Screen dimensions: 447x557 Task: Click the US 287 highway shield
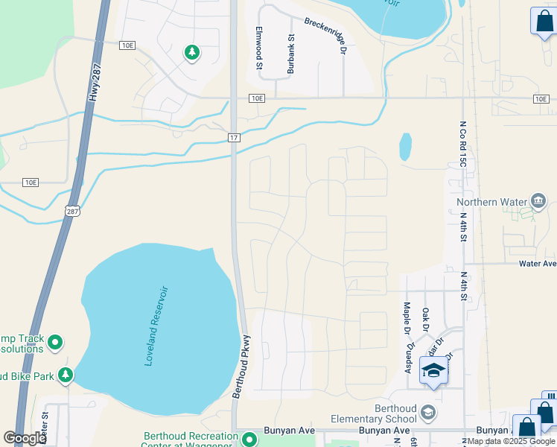pyautogui.click(x=72, y=212)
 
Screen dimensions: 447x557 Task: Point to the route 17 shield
pyautogui.click(x=234, y=138)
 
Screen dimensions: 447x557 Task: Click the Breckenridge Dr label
pyautogui.click(x=326, y=35)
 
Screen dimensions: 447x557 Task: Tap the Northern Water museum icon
pyautogui.click(x=539, y=201)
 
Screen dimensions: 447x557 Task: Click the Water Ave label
pyautogui.click(x=538, y=264)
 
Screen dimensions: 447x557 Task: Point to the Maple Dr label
pyautogui.click(x=407, y=315)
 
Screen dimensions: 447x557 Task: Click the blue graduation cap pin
pyautogui.click(x=433, y=370)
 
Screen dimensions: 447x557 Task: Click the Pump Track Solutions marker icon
pyautogui.click(x=55, y=343)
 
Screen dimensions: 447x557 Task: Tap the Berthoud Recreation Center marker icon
pyautogui.click(x=249, y=439)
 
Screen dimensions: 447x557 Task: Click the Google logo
pyautogui.click(x=25, y=438)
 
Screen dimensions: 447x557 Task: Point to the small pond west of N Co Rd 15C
pyautogui.click(x=405, y=147)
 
